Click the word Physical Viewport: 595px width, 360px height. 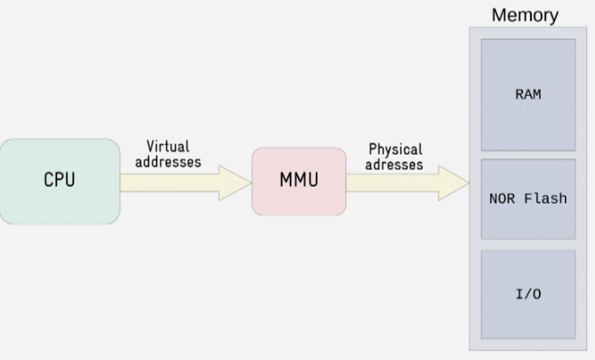(395, 149)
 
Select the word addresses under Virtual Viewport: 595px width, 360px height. (168, 162)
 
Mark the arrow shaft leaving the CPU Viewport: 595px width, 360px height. (165, 182)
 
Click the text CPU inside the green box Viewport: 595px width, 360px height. (59, 180)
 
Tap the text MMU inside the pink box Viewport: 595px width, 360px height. (298, 180)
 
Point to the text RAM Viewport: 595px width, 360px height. (527, 94)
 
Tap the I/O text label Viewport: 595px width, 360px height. (527, 294)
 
